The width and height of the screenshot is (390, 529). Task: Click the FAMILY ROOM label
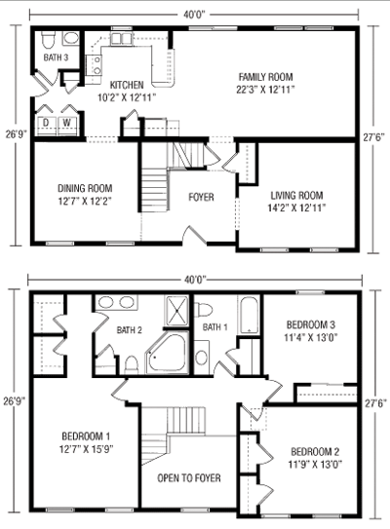(266, 77)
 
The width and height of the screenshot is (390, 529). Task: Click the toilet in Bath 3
(49, 40)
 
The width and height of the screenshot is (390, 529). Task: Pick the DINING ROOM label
(85, 189)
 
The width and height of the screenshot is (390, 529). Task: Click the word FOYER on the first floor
(201, 197)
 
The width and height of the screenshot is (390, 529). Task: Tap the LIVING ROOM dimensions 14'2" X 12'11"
(296, 208)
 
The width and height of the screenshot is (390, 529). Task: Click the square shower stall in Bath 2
(177, 311)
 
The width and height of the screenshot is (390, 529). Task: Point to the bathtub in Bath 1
(250, 315)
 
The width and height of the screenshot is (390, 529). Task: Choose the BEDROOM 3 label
(311, 324)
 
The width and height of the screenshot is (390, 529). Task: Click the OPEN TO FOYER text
(189, 478)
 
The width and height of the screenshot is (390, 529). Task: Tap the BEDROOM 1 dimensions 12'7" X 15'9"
(86, 449)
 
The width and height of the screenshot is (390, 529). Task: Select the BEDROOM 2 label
(315, 451)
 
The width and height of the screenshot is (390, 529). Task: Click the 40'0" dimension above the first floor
(194, 15)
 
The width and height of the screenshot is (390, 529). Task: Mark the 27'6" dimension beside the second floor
(375, 402)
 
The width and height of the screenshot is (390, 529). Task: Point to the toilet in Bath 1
(204, 310)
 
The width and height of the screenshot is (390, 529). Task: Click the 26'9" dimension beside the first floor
(16, 134)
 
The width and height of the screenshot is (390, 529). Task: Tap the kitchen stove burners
(97, 65)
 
